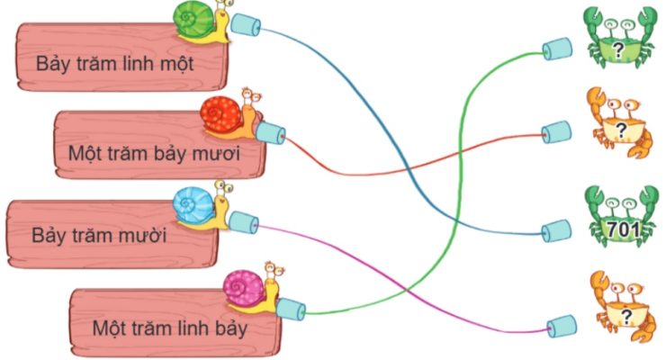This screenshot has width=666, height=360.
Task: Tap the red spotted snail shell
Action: point(220,113)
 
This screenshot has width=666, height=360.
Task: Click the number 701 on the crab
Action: point(624,229)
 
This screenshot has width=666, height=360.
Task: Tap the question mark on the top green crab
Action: point(619,50)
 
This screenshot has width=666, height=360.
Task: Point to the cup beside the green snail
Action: point(245,23)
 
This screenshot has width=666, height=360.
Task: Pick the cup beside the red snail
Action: point(270,133)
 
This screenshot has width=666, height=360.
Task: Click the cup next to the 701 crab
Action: point(556,230)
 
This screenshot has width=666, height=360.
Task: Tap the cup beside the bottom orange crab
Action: point(562,327)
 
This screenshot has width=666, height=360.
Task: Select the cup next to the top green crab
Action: point(557,49)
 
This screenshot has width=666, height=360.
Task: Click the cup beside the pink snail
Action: point(291,309)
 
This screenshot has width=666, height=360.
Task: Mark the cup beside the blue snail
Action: point(243,222)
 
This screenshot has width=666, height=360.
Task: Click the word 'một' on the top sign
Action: point(176,64)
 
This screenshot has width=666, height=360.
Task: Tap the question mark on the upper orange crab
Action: point(621,130)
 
